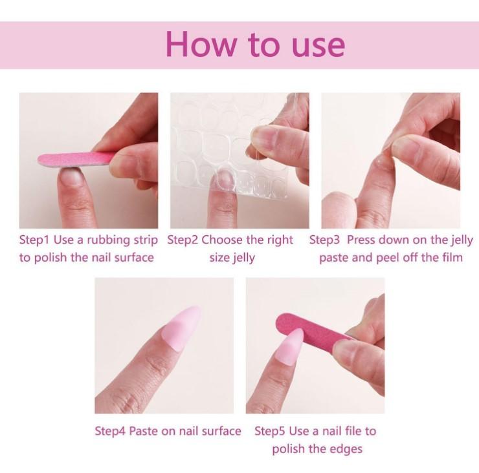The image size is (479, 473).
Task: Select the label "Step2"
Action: pyautogui.click(x=183, y=240)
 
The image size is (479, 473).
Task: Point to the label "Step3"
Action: pyautogui.click(x=325, y=240)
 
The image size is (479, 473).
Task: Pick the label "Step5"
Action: pyautogui.click(x=270, y=431)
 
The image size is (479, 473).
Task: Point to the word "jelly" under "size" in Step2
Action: pyautogui.click(x=244, y=258)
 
